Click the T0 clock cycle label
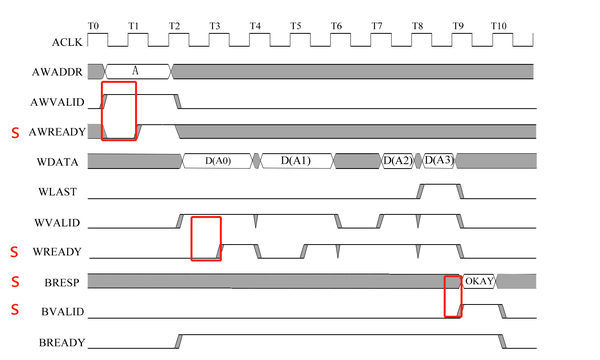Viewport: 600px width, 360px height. tap(94, 22)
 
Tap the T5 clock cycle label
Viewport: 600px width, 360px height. tap(295, 22)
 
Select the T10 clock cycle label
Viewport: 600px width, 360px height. tap(498, 22)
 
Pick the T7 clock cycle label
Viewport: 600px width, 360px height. tap(376, 22)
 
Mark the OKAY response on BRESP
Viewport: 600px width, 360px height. tap(479, 281)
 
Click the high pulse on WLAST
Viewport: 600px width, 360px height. tap(438, 190)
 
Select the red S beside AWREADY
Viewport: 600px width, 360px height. tap(14, 132)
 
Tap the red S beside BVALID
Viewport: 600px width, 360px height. tap(14, 310)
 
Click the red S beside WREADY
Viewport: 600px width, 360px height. tap(14, 251)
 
